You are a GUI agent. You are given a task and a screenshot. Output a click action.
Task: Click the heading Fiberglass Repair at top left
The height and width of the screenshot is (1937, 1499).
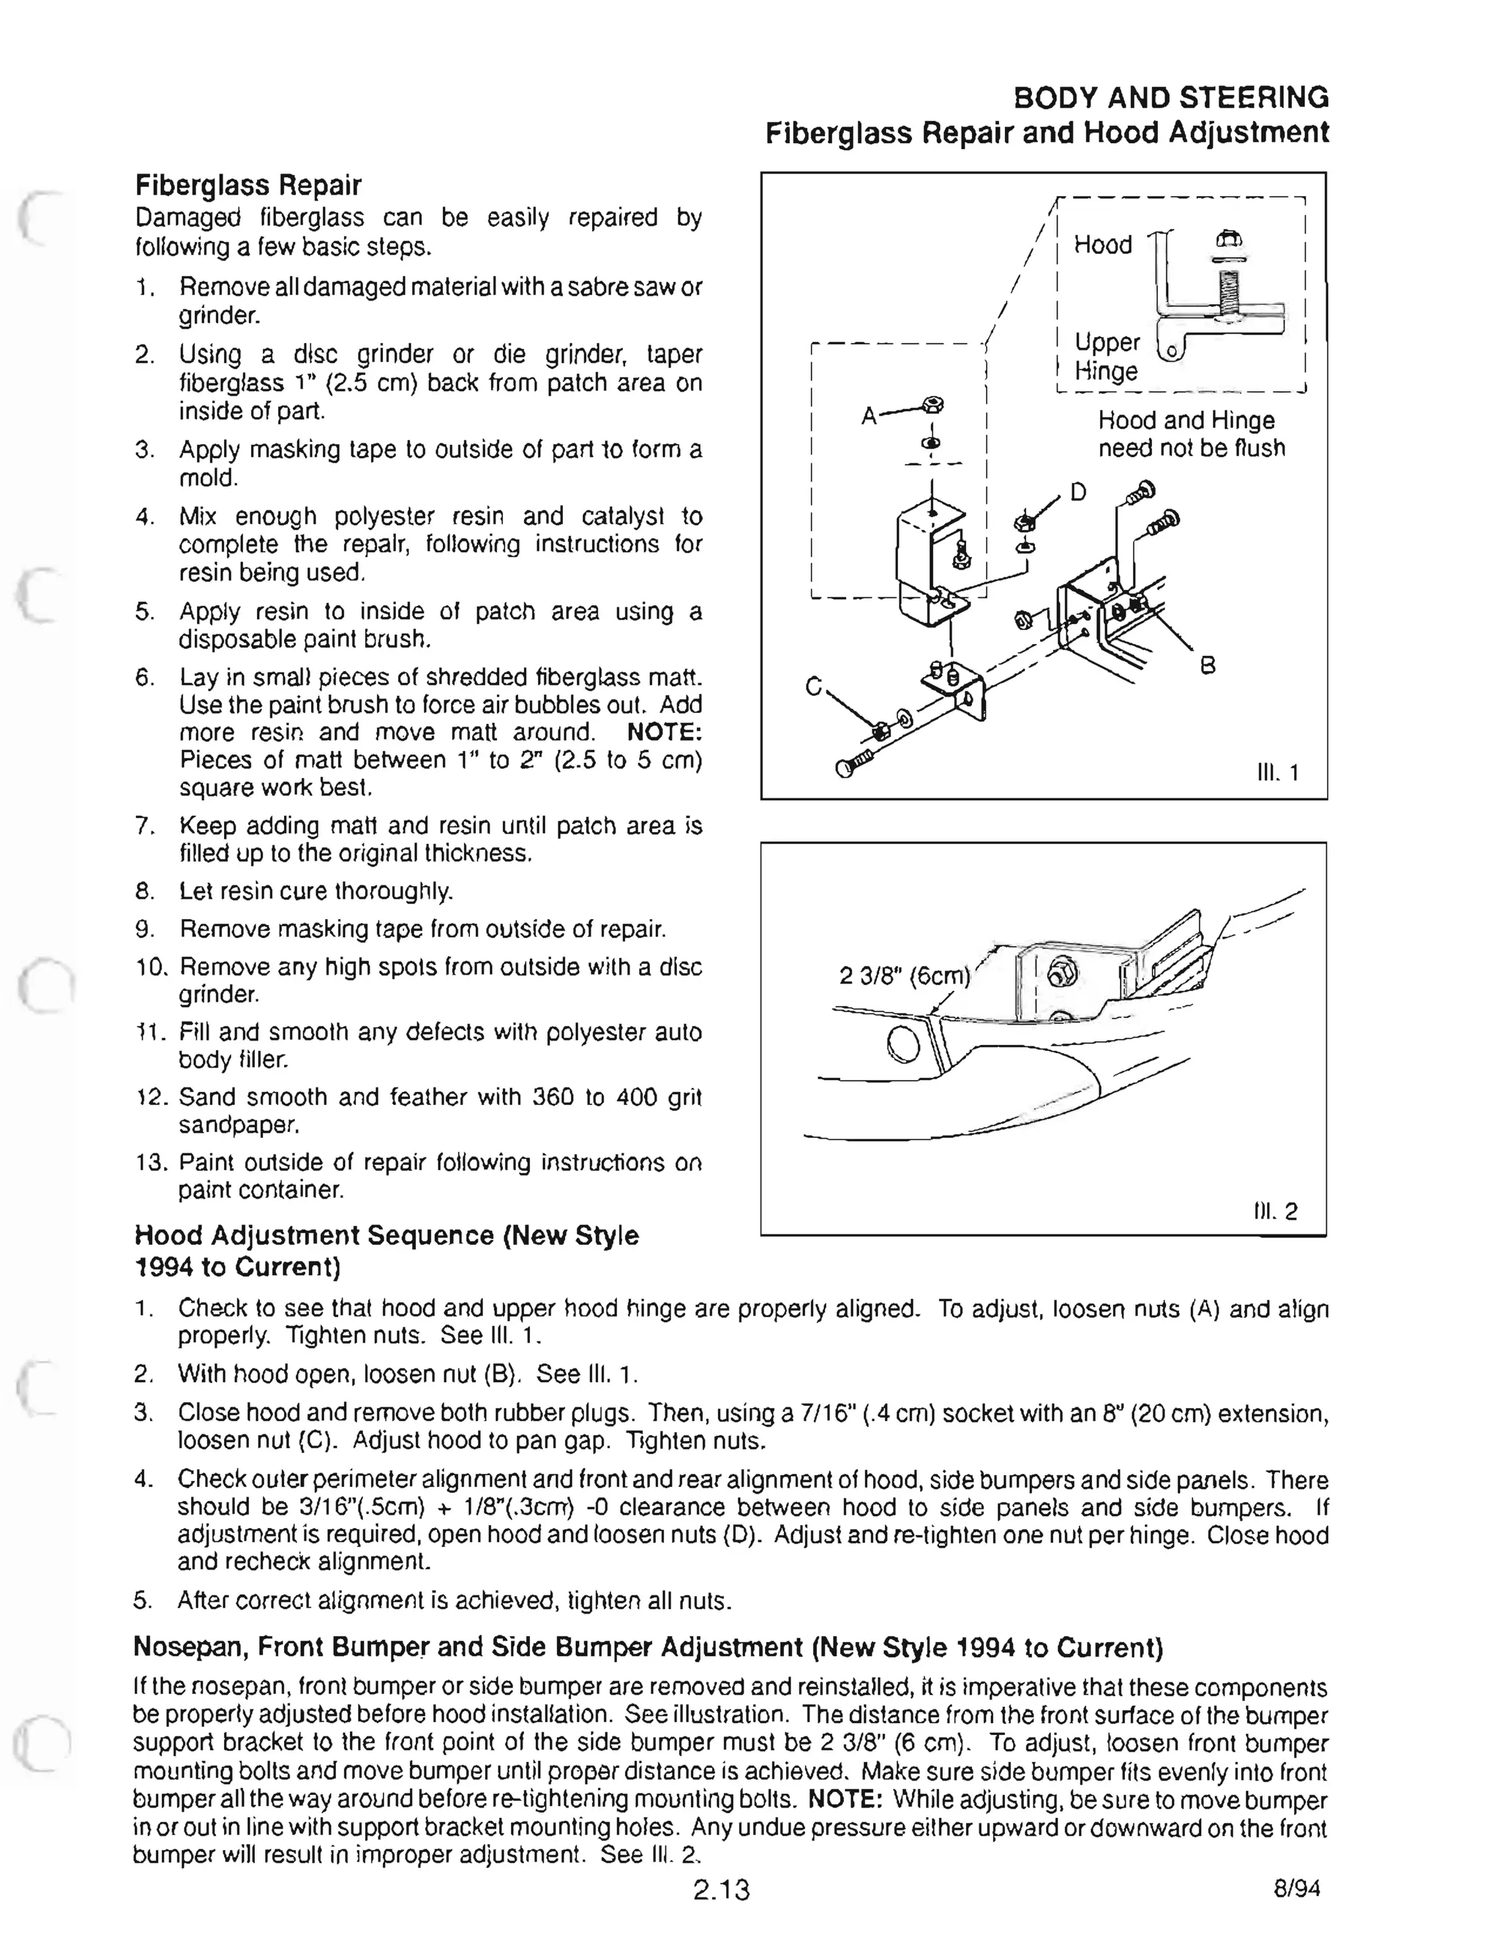(247, 185)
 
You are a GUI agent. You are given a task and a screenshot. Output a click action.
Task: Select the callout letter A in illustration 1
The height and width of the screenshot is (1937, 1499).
(870, 415)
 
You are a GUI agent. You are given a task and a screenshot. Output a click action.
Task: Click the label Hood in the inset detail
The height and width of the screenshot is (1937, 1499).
(1102, 245)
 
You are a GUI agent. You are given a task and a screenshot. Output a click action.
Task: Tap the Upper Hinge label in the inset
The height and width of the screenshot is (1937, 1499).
(1107, 356)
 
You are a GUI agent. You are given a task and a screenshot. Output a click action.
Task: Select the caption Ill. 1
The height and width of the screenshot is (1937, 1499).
(1277, 773)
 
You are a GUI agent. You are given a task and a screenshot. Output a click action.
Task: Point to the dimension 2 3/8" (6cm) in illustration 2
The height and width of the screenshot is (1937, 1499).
(905, 975)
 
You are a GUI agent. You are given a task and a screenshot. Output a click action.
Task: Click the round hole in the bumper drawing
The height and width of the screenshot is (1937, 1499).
(903, 1043)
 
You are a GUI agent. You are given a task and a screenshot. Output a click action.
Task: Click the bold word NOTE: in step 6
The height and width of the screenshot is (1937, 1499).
(663, 733)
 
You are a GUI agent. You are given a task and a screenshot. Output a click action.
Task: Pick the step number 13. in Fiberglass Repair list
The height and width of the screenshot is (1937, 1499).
(151, 1163)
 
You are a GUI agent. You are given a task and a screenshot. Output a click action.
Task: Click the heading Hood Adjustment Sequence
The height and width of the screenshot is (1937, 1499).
(386, 1251)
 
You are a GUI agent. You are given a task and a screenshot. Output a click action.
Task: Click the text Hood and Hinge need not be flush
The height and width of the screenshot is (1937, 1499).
(1190, 435)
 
